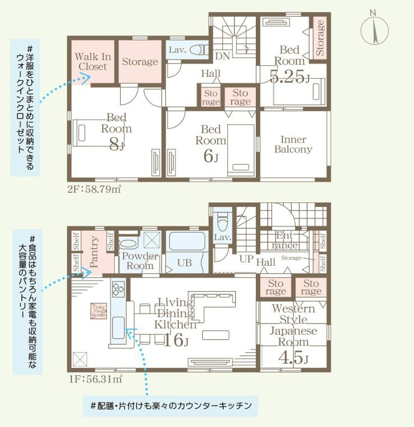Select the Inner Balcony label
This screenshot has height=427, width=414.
293,145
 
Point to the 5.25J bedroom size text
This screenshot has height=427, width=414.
289,78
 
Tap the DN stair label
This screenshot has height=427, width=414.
222,56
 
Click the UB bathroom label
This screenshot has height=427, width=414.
185,263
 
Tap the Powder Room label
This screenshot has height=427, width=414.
140,261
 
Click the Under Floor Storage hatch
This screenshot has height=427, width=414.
99,311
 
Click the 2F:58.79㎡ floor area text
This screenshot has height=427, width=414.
94,189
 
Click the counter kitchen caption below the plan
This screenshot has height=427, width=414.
170,405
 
